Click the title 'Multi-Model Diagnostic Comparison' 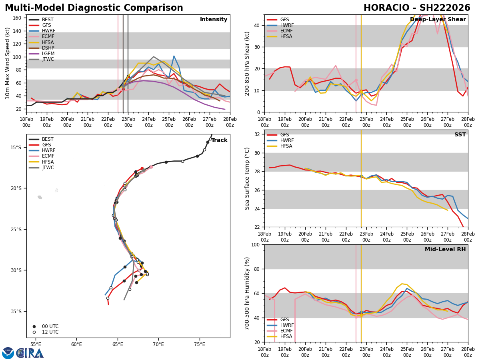[94, 8]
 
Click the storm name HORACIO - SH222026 [417, 8]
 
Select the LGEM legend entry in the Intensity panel [48, 54]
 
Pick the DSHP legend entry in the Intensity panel [48, 48]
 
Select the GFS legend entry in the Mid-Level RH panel [284, 320]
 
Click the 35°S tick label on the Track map [16, 311]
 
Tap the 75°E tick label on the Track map [200, 344]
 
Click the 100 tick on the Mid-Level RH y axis [256, 244]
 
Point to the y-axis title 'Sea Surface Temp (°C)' [248, 178]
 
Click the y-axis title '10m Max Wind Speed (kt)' [8, 63]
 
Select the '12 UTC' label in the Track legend [50, 332]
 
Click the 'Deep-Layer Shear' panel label [438, 20]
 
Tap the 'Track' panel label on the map [219, 140]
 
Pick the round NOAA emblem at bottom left [8, 353]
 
